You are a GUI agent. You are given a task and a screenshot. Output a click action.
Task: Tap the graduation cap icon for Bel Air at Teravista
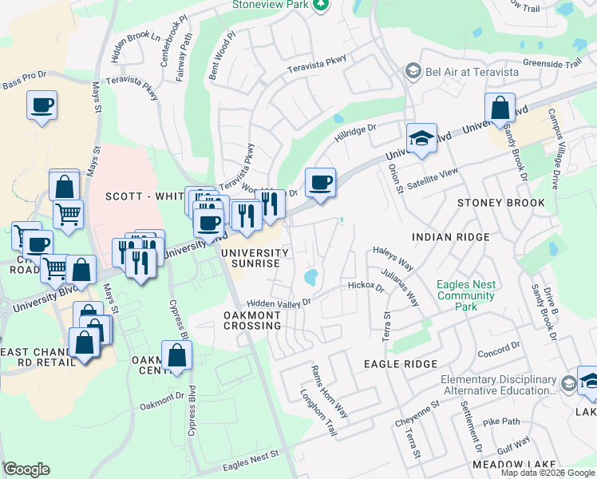click(x=413, y=72)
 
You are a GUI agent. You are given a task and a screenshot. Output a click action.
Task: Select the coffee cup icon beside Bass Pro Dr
click(x=42, y=105)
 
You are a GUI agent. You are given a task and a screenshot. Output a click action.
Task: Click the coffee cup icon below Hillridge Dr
click(x=320, y=182)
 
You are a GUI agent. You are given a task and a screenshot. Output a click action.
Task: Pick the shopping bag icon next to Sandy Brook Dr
click(x=499, y=107)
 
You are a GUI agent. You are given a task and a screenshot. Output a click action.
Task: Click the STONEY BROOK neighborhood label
click(x=501, y=203)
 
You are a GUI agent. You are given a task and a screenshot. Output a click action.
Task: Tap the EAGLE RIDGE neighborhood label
click(x=401, y=364)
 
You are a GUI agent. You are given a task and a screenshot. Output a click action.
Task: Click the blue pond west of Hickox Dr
click(x=310, y=278)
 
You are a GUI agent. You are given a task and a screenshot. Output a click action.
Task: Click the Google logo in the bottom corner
click(x=27, y=469)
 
